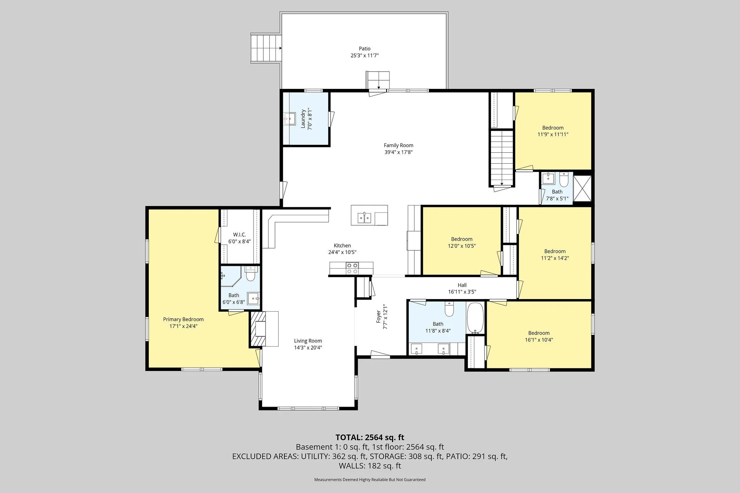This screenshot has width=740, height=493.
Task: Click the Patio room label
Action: point(365,49)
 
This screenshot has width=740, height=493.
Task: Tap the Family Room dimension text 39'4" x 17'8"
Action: point(399,152)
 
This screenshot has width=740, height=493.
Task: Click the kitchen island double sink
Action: point(365,218)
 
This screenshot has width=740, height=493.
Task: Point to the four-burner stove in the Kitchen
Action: point(353,268)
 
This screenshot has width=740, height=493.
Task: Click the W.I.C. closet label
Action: point(239,235)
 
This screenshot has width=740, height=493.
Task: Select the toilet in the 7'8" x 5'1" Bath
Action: point(564,179)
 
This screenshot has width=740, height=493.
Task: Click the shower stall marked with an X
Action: point(582,188)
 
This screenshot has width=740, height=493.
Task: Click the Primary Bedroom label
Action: point(183,319)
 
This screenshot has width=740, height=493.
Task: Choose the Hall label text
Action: point(462,285)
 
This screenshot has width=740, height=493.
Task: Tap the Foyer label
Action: point(378,316)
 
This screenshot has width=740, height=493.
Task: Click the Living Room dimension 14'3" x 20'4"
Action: point(308,348)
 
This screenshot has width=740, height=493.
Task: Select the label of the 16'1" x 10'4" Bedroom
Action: point(539,333)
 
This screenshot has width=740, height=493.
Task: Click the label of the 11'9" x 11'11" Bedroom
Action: point(553,128)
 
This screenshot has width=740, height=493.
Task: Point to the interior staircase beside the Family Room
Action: point(502,158)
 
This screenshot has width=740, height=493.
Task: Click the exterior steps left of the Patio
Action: point(266,48)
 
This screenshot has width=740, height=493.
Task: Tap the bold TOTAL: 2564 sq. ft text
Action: point(370,437)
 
